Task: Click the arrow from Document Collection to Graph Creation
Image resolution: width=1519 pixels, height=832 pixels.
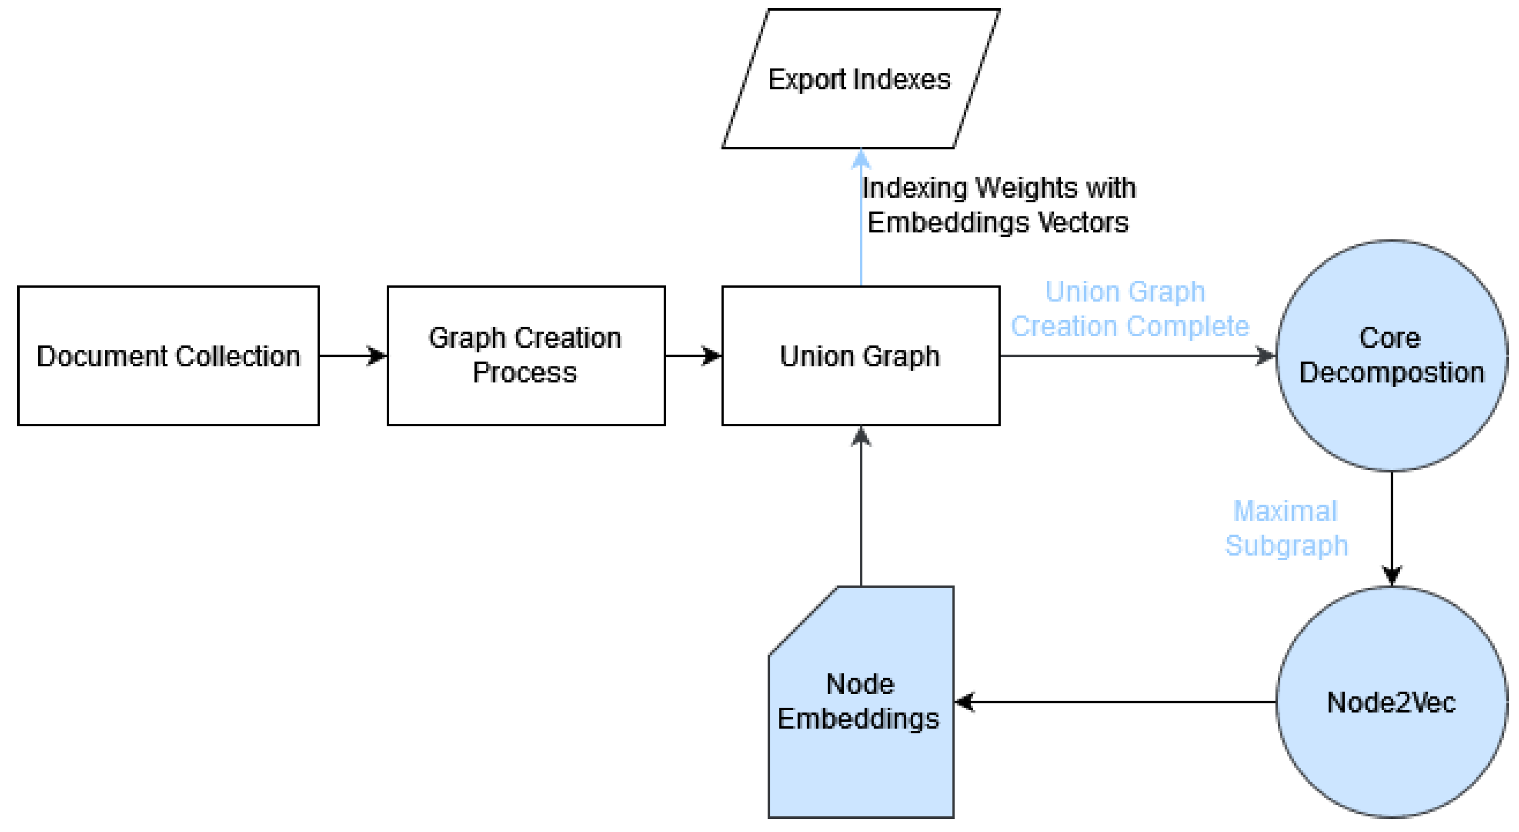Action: [352, 355]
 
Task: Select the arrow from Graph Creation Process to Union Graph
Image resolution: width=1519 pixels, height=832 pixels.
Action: [693, 355]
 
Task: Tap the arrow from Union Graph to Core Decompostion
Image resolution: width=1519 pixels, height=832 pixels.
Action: [1138, 355]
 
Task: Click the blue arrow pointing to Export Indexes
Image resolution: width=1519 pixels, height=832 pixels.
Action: [861, 218]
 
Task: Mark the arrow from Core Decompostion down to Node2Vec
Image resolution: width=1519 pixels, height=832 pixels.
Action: [1392, 528]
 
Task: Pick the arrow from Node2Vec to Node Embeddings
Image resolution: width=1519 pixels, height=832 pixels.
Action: [1115, 702]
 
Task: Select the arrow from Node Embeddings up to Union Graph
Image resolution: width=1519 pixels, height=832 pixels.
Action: [861, 507]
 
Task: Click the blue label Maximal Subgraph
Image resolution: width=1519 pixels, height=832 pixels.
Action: [1286, 528]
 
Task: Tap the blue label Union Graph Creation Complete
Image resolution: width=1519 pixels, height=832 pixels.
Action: [1129, 309]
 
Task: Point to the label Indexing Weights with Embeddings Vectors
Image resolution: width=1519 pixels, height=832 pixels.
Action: [998, 205]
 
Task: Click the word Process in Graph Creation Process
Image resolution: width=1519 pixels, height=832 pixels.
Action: [524, 372]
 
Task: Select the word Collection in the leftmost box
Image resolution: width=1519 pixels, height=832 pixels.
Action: [238, 356]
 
